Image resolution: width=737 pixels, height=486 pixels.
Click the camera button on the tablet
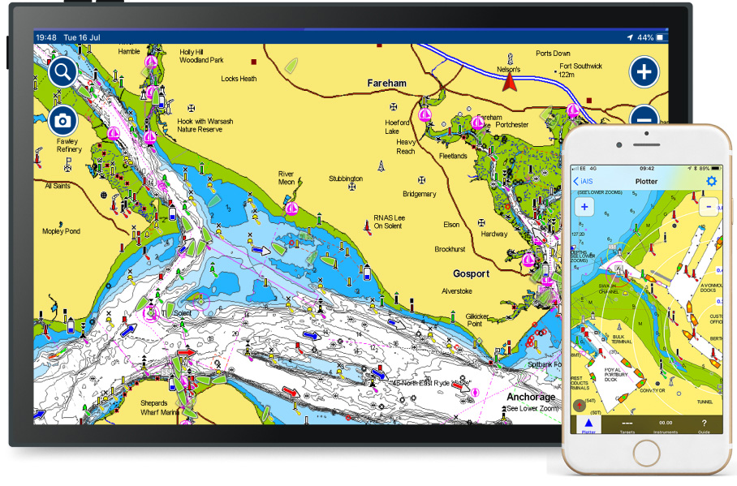(x=62, y=121)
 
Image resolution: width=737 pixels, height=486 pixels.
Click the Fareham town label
(x=386, y=84)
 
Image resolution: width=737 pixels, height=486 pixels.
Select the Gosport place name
(x=472, y=273)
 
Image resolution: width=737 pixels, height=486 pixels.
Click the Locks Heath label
(x=239, y=79)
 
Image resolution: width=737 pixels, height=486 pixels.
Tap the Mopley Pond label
(x=62, y=231)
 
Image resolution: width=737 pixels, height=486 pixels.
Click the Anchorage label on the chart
(x=531, y=397)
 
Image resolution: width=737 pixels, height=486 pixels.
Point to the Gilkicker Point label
(x=478, y=320)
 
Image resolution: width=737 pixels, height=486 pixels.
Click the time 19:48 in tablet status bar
(x=46, y=37)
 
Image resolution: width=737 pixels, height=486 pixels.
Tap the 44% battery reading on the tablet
(x=645, y=37)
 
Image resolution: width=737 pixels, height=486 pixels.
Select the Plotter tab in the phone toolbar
(x=588, y=426)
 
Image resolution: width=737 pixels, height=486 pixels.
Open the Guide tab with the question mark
(x=704, y=426)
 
